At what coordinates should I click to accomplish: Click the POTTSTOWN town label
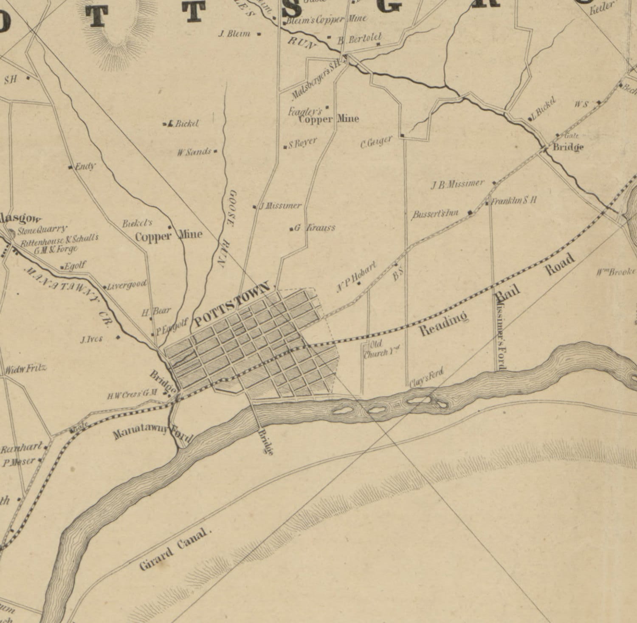(231, 303)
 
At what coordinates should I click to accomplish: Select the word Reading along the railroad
(444, 324)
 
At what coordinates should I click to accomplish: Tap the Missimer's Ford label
(499, 331)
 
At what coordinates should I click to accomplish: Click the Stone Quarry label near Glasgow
(42, 230)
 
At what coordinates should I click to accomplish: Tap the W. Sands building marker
(216, 151)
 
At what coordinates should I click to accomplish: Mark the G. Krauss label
(315, 228)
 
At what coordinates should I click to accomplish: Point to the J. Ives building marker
(118, 338)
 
